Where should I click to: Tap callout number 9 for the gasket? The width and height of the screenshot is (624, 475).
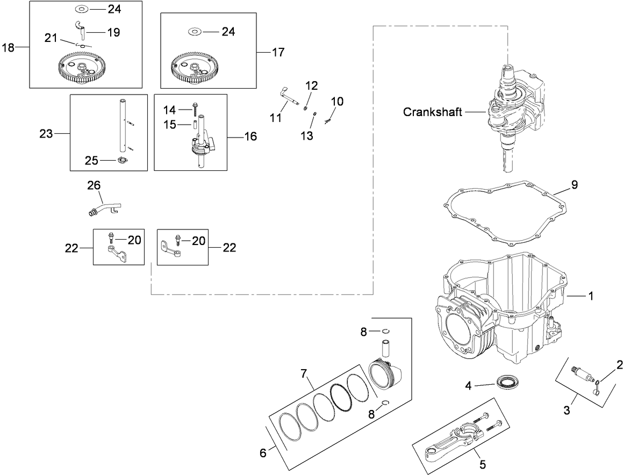click(575, 185)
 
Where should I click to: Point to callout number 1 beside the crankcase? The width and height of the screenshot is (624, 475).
click(590, 296)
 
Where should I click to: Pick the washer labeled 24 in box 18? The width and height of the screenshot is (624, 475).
click(82, 9)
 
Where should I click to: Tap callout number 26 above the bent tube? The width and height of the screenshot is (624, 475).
click(94, 186)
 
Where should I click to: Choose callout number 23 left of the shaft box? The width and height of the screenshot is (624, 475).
click(46, 133)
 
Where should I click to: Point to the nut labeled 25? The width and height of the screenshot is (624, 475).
click(122, 160)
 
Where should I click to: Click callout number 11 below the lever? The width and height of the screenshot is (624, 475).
click(276, 118)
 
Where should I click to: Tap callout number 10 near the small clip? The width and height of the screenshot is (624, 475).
click(336, 101)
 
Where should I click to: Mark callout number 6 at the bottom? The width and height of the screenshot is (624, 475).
click(263, 453)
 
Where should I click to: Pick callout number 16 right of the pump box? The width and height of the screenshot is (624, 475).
click(250, 136)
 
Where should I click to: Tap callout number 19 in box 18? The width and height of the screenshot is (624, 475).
click(113, 32)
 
